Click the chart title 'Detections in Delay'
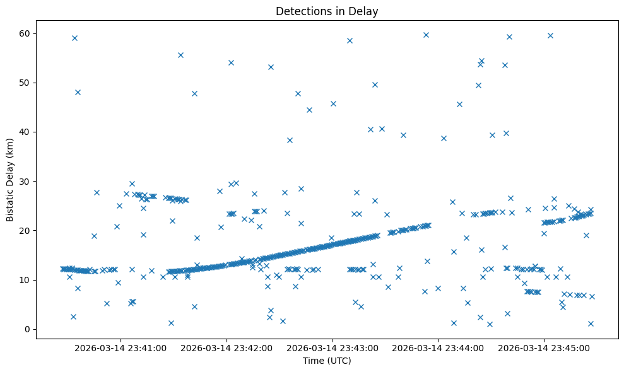click(327, 11)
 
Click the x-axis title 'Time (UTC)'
click(327, 361)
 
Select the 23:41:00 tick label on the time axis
click(121, 347)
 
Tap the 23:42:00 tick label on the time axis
click(227, 347)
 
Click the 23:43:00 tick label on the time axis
click(333, 347)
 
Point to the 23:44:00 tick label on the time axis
click(439, 347)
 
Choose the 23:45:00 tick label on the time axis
click(545, 347)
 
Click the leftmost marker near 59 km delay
click(74, 38)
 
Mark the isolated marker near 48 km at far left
click(78, 92)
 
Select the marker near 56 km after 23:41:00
click(180, 55)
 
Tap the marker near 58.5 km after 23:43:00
click(350, 40)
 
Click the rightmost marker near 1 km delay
click(591, 323)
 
